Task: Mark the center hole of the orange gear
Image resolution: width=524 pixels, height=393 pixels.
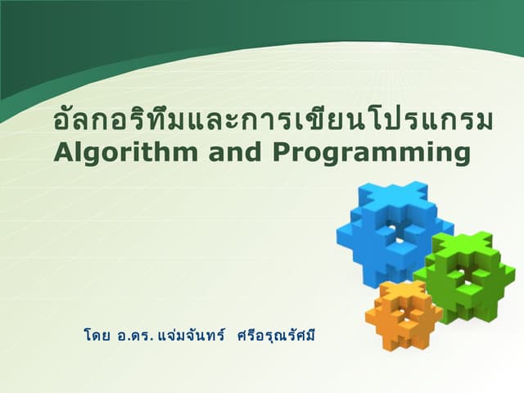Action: click(x=403, y=314)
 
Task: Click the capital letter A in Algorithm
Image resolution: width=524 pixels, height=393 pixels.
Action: click(x=62, y=152)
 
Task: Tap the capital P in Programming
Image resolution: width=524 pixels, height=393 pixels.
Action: click(x=282, y=152)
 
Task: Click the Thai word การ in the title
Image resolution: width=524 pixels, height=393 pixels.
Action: click(x=259, y=122)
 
